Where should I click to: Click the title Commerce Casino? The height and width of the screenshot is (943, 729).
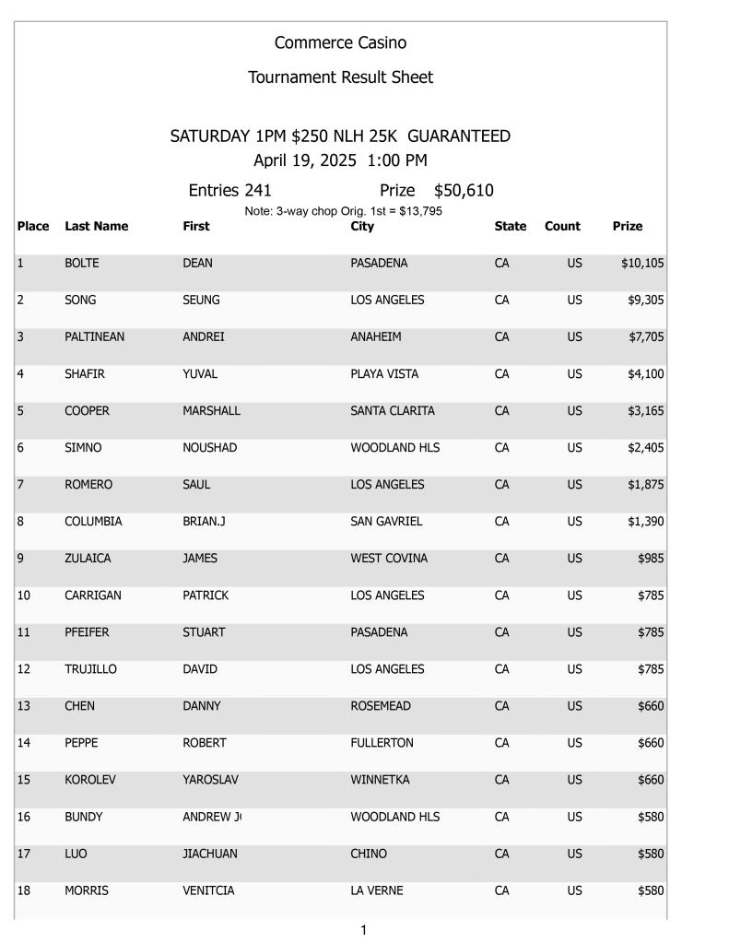(340, 43)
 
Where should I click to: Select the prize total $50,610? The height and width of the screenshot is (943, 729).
(464, 191)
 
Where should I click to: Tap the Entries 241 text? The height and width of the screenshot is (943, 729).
(229, 191)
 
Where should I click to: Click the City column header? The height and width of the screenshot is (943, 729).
(362, 226)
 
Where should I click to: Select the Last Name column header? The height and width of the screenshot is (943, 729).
(97, 226)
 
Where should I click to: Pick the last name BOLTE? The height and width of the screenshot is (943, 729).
(82, 264)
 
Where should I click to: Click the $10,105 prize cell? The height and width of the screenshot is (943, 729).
(642, 264)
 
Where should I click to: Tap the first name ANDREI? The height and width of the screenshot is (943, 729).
(204, 337)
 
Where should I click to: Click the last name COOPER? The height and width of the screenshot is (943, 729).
(88, 411)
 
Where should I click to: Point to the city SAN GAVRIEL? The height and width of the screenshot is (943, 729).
(386, 522)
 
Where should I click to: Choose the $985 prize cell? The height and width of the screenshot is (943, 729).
(651, 559)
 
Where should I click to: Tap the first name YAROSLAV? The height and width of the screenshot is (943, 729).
(211, 780)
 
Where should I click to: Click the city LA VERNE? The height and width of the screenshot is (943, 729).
(377, 890)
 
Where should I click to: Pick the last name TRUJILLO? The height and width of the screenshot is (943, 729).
(91, 669)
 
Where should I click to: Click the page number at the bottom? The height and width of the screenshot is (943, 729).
(363, 930)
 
